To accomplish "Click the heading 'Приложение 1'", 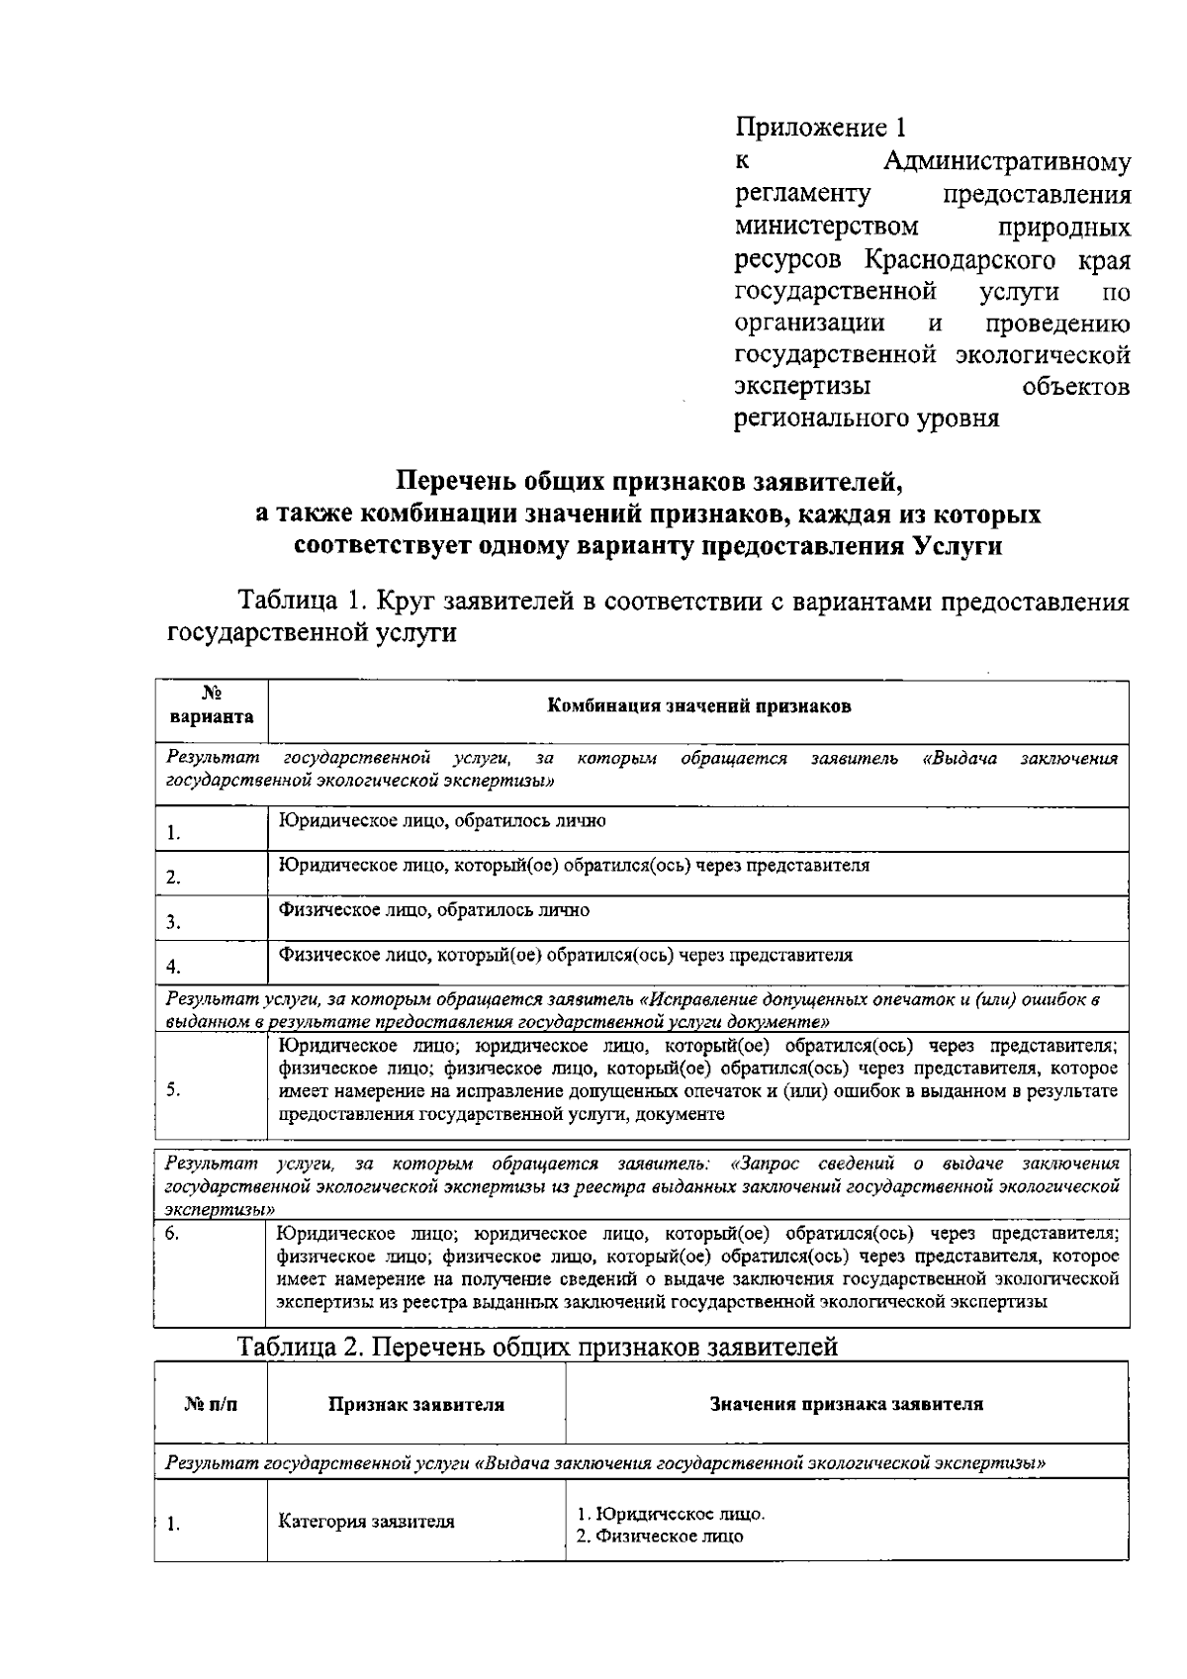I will pyautogui.click(x=820, y=128).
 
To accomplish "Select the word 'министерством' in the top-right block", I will pyautogui.click(x=827, y=228).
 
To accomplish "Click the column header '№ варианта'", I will pyautogui.click(x=211, y=706).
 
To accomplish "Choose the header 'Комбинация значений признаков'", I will pyautogui.click(x=698, y=706).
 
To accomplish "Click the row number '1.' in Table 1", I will pyautogui.click(x=173, y=833).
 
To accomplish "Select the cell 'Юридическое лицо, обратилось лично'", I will pyautogui.click(x=442, y=820).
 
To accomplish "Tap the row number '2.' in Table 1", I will pyautogui.click(x=173, y=878).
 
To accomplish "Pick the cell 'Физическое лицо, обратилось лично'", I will pyautogui.click(x=434, y=910).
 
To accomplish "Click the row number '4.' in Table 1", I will pyautogui.click(x=173, y=967).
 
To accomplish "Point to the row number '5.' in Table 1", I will pyautogui.click(x=173, y=1089).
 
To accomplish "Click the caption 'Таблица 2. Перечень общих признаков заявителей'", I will pyautogui.click(x=538, y=1347).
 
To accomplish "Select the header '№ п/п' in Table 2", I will pyautogui.click(x=211, y=1404).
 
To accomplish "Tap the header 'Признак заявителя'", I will pyautogui.click(x=416, y=1404).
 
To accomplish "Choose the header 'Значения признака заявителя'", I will pyautogui.click(x=847, y=1404).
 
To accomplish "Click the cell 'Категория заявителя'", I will pyautogui.click(x=367, y=1522).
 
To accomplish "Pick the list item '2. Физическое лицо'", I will pyautogui.click(x=660, y=1537).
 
